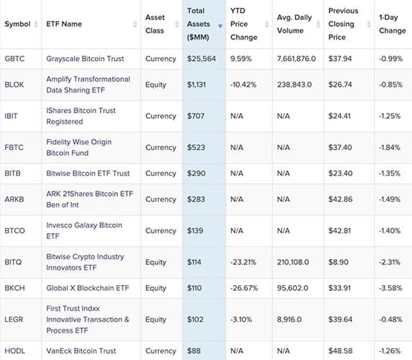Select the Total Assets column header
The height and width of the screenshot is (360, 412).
(199, 24)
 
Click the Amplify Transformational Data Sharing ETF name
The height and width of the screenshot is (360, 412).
(88, 85)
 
